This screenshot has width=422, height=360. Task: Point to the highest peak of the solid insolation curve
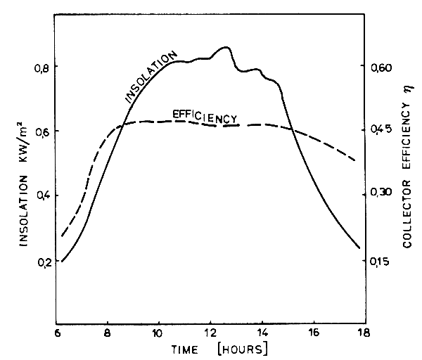pyautogui.click(x=225, y=47)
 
